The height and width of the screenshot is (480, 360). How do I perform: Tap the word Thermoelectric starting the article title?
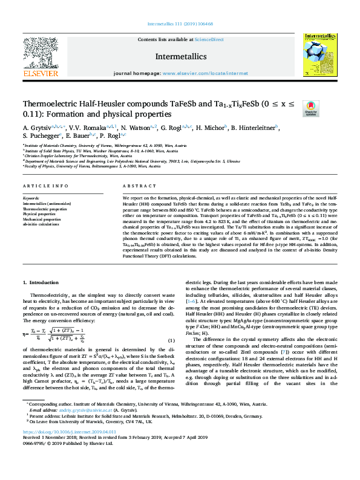[50, 103]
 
